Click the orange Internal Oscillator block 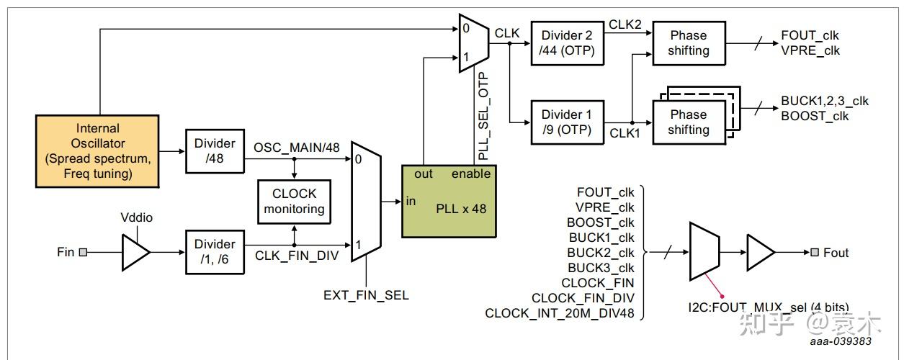pos(97,151)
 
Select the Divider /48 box pos(215,151)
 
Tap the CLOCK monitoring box pos(294,202)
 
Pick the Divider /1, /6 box pos(215,252)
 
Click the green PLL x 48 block pos(449,202)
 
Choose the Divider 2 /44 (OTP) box pos(567,43)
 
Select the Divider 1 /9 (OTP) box pos(567,122)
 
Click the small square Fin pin pos(83,252)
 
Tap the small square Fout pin pos(815,252)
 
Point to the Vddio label pos(136,217)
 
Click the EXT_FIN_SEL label pos(366,295)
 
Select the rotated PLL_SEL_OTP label pos(483,116)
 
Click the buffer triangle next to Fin pos(136,252)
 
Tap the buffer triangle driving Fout pos(761,252)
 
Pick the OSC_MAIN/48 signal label pos(297,148)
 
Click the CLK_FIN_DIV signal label pos(297,256)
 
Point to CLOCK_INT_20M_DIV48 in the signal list pos(560,312)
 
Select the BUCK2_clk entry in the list pos(601,253)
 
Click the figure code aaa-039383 pos(841,341)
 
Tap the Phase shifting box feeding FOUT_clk pos(689,43)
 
